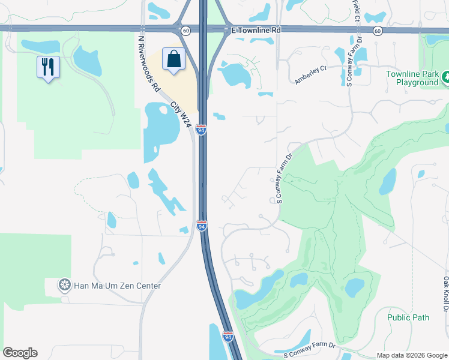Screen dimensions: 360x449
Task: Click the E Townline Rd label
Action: tap(256, 29)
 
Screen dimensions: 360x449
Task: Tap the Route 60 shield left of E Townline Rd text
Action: tap(186, 30)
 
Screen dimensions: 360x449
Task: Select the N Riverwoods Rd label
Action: tap(148, 64)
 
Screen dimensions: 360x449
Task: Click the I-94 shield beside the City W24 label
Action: tap(202, 130)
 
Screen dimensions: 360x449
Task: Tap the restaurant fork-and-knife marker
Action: tap(47, 65)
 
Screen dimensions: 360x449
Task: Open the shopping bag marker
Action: tap(173, 59)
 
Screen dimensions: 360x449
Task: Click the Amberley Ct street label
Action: tap(310, 74)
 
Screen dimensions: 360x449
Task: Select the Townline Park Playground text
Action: tap(412, 78)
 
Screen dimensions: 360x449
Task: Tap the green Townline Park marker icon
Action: tap(445, 77)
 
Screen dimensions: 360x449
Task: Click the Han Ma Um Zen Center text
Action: tap(117, 286)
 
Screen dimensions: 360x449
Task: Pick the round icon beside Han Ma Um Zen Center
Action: tap(64, 286)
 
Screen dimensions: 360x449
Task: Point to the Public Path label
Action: tap(408, 317)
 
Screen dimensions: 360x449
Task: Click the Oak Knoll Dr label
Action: tap(446, 294)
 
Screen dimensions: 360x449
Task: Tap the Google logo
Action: tap(20, 353)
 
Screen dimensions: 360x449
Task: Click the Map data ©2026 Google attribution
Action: tap(411, 355)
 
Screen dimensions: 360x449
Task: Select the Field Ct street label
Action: tap(356, 8)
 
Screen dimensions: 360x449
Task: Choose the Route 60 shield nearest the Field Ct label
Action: tap(377, 30)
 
